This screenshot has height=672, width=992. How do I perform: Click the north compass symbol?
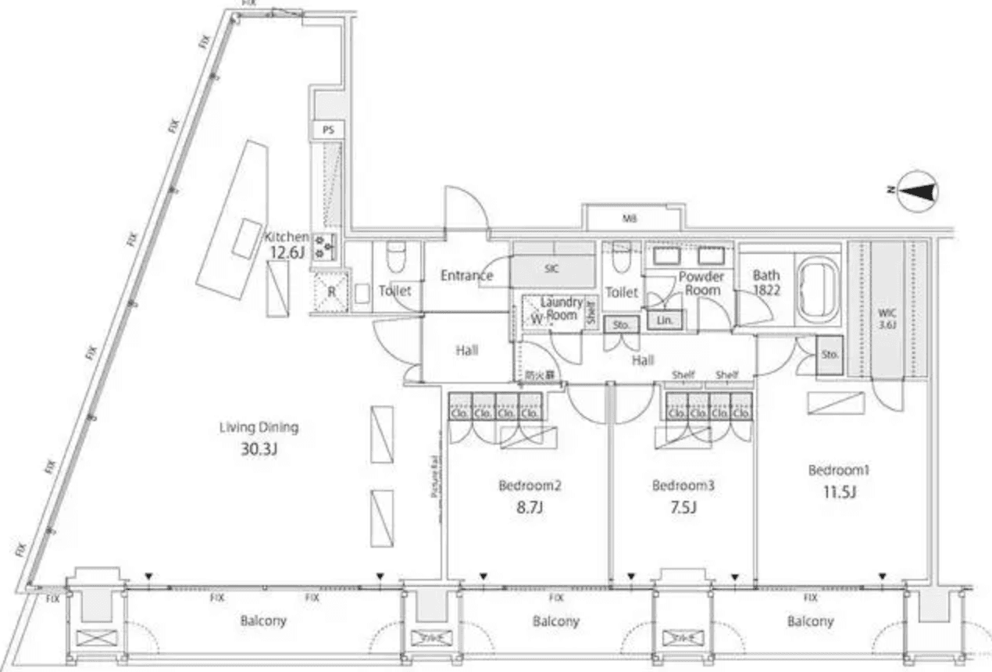tap(919, 191)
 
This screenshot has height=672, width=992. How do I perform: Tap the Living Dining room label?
tap(259, 427)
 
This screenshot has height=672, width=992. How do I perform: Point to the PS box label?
tap(328, 130)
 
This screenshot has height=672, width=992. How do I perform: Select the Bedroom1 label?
tap(839, 470)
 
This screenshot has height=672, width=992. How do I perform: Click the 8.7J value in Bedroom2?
tap(530, 508)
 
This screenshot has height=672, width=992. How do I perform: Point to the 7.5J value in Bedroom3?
tap(683, 508)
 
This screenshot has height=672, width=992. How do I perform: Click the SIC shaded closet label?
tap(552, 268)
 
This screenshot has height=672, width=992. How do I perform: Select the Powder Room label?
tap(702, 283)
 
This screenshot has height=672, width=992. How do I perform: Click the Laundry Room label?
tap(562, 308)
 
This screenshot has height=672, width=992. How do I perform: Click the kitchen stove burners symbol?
tap(323, 247)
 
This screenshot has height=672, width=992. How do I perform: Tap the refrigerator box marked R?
tap(330, 291)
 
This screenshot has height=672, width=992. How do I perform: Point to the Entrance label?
tap(466, 275)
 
